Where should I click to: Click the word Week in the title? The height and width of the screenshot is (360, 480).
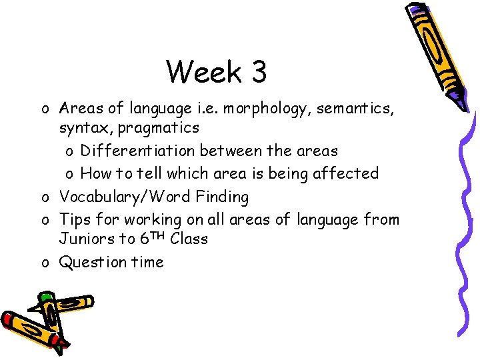click(204, 71)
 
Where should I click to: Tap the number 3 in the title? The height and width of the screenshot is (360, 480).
click(259, 71)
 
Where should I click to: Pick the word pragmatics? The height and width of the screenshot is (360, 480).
click(159, 127)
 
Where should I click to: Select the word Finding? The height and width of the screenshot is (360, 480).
click(221, 197)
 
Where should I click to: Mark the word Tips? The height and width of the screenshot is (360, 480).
click(75, 219)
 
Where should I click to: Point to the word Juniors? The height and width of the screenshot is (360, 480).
click(85, 239)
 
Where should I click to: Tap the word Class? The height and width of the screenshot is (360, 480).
click(189, 239)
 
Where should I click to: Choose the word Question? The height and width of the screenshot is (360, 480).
click(93, 262)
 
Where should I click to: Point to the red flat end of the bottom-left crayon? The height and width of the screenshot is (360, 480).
click(9, 319)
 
